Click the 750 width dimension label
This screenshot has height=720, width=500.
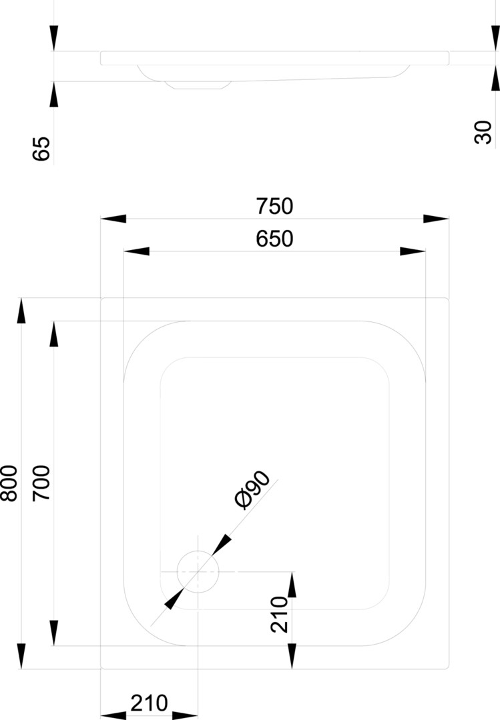[x=274, y=206]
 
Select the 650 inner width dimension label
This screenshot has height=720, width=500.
[x=274, y=239]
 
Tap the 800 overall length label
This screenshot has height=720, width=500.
[x=9, y=483]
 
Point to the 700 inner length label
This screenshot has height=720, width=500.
[x=41, y=483]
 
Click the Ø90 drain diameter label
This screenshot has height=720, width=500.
[x=252, y=490]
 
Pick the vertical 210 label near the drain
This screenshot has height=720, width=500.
[x=279, y=615]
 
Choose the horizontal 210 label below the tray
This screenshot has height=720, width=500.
[x=149, y=703]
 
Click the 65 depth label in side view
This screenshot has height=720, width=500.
[x=41, y=148]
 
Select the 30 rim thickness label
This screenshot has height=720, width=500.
[x=483, y=132]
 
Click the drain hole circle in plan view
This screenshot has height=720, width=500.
[x=198, y=551]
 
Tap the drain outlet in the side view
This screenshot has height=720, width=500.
[x=198, y=85]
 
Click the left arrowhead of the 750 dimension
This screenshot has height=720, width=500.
[x=113, y=219]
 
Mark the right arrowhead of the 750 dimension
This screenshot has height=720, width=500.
[x=436, y=219]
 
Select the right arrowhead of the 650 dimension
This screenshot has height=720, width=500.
[x=413, y=251]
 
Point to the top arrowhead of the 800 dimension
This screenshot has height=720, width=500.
[x=21, y=311]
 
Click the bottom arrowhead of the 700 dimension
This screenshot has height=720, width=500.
[x=54, y=633]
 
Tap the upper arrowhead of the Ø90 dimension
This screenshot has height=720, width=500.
[x=222, y=545]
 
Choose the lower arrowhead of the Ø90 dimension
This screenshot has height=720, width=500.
[x=174, y=598]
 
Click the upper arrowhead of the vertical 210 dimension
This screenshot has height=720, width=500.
[x=292, y=585]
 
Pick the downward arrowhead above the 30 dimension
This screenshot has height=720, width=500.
[x=495, y=38]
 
